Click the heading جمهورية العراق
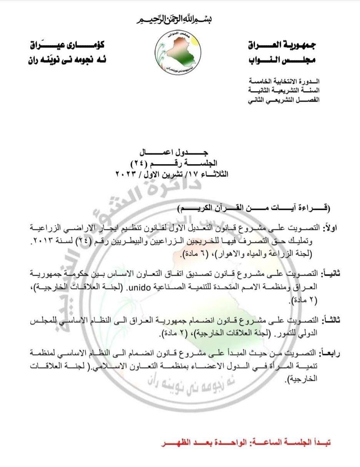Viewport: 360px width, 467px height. pyautogui.click(x=283, y=45)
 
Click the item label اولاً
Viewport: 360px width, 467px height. pyautogui.click(x=330, y=228)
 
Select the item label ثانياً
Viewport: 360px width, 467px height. pyautogui.click(x=329, y=273)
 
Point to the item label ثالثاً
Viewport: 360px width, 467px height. pyautogui.click(x=329, y=320)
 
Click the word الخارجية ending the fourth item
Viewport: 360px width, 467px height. pyautogui.click(x=302, y=379)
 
